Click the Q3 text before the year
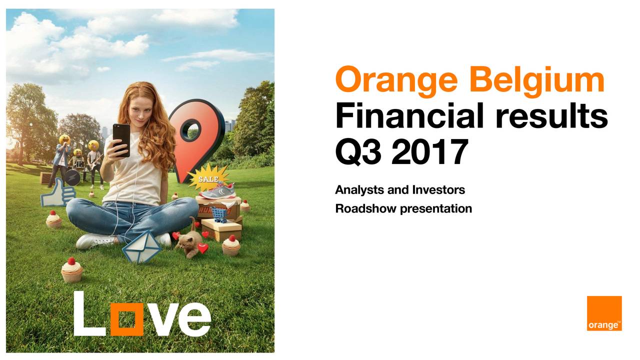pyautogui.click(x=359, y=153)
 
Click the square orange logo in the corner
pyautogui.click(x=604, y=313)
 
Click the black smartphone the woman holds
pyautogui.click(x=121, y=140)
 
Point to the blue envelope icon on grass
pyautogui.click(x=142, y=247)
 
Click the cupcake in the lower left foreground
pyautogui.click(x=72, y=270)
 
